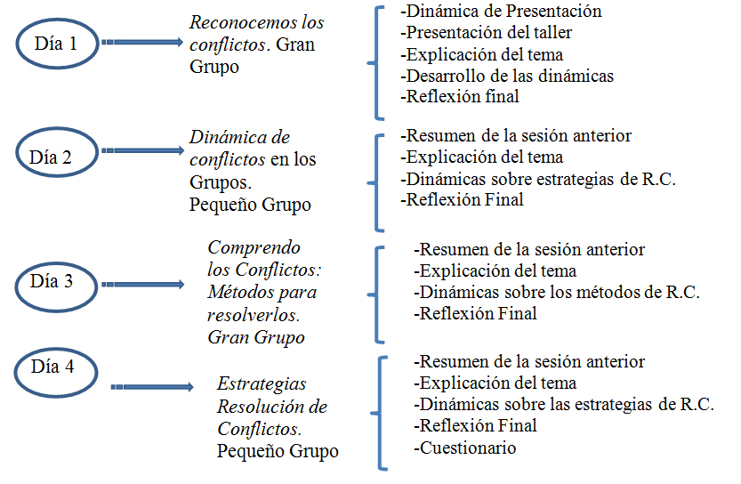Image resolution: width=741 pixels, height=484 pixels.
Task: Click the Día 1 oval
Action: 54,42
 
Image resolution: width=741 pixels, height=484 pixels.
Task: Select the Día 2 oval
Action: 54,157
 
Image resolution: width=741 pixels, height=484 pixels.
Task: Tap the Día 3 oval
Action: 54,282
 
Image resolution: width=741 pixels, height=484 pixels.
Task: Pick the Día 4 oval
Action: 54,367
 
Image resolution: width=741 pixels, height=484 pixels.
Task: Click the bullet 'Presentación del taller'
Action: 487,33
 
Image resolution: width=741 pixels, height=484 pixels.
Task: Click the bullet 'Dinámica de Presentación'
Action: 501,12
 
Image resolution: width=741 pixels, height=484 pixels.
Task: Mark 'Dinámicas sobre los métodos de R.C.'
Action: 557,292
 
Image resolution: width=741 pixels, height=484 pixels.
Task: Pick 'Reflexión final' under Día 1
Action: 460,97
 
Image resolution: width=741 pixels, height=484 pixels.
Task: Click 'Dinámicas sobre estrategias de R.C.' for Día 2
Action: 539,179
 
